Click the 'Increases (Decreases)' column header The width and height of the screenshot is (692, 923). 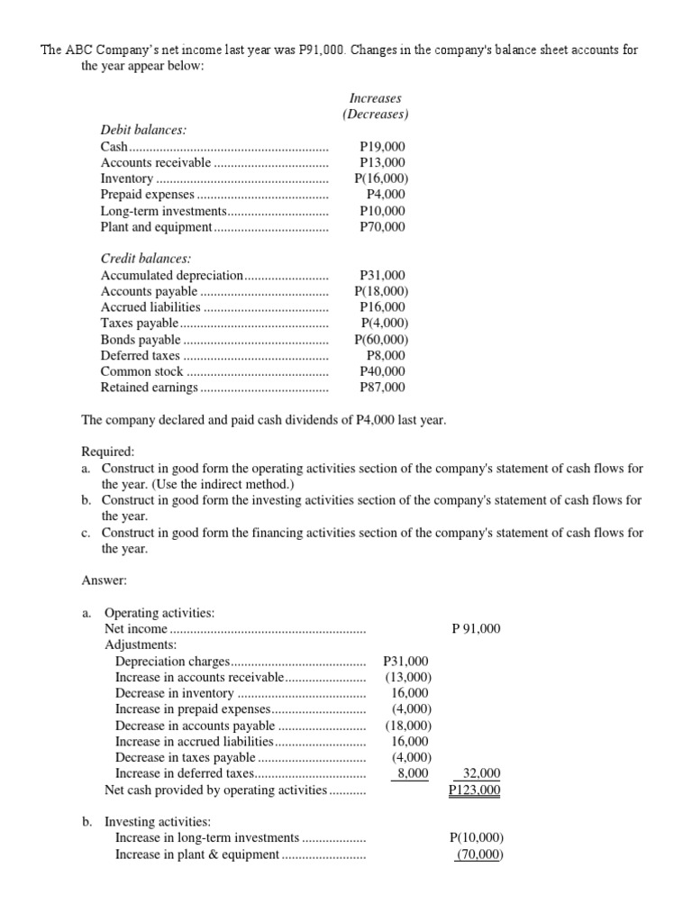[376, 106]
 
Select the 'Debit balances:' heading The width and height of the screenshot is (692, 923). [143, 130]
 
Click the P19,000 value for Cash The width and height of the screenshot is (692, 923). [382, 146]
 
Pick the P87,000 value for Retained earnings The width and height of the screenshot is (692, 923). [382, 388]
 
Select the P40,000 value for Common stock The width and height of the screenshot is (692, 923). [382, 371]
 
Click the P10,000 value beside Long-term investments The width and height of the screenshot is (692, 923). [382, 211]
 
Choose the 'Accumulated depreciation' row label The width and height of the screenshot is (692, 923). [171, 275]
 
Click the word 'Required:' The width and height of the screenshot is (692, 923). [108, 452]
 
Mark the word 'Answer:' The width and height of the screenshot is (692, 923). [105, 581]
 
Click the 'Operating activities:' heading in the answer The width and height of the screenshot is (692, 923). [159, 613]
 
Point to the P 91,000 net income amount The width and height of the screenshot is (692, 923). [475, 629]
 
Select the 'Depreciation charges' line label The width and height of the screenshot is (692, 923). [173, 662]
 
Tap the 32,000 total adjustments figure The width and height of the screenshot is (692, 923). [482, 773]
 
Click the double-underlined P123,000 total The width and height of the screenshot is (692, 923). [475, 790]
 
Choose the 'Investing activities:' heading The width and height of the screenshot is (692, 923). [158, 822]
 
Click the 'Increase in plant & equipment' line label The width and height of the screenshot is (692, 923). [197, 854]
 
